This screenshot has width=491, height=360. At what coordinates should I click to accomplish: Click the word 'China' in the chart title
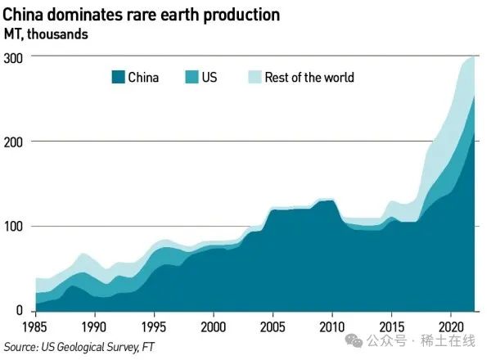[x=25, y=15]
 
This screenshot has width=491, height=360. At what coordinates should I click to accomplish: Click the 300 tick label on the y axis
[x=14, y=57]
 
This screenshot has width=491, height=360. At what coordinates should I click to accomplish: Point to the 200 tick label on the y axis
[x=14, y=142]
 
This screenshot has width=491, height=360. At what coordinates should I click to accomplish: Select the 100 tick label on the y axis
[x=14, y=227]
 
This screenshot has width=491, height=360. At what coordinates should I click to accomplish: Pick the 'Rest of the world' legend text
[x=309, y=78]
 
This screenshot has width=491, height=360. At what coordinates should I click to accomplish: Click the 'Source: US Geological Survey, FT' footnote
[x=79, y=347]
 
